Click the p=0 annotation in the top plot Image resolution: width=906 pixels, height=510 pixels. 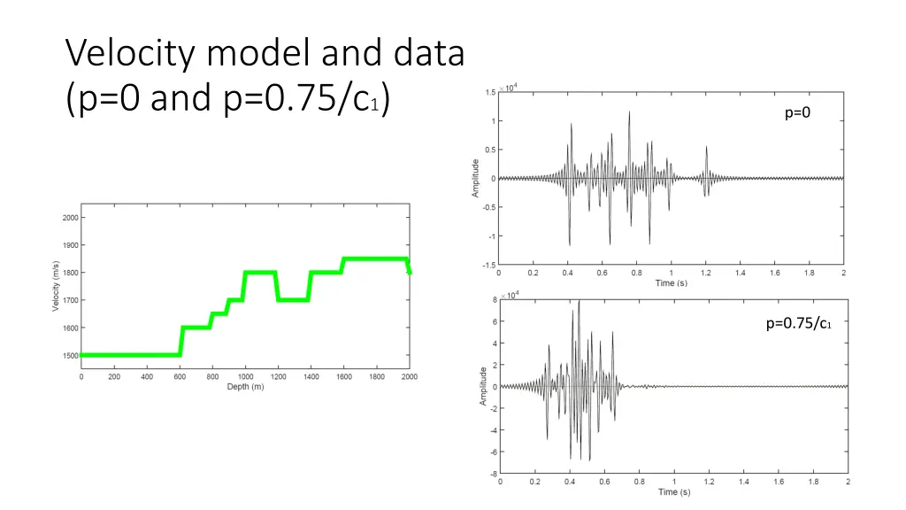tap(797, 112)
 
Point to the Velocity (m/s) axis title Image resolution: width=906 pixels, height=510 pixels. tap(55, 286)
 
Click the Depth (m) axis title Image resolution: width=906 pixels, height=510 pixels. tap(244, 387)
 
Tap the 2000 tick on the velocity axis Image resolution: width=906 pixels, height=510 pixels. tap(69, 217)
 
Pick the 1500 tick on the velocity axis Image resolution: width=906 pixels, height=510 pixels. tap(69, 356)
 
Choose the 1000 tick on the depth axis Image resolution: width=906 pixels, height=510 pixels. tap(245, 376)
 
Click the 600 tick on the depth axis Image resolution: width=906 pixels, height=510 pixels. tap(180, 376)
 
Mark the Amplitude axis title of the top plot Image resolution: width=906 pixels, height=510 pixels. tap(476, 178)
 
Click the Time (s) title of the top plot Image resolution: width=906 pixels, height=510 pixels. tap(672, 283)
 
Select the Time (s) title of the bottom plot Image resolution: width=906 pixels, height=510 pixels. tap(673, 492)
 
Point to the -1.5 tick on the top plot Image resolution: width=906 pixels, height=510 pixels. tap(488, 265)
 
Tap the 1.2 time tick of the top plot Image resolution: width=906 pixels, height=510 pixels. tap(706, 274)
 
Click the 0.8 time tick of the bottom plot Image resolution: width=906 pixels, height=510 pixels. tap(639, 483)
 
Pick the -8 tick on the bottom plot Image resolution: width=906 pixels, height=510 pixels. tap(493, 474)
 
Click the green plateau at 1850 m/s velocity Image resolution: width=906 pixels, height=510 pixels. tap(375, 259)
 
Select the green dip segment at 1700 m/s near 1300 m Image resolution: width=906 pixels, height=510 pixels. tap(294, 299)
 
